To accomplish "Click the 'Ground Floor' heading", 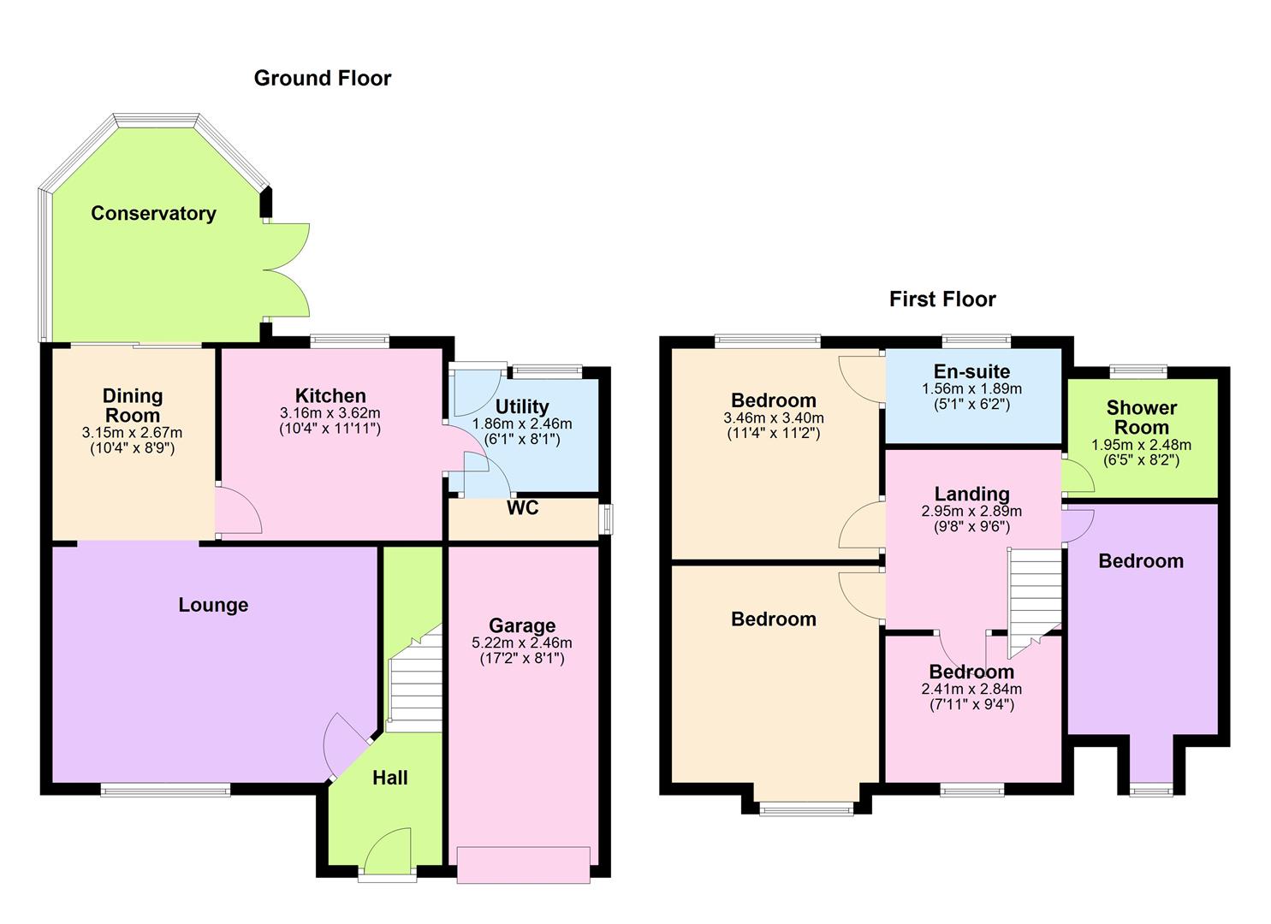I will coord(322,79).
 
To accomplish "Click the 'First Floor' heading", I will coord(942,299).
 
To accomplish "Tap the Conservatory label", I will coord(153,214).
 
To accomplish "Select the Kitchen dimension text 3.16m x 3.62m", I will coord(330,413).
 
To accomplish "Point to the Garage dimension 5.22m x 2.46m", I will coord(521,643).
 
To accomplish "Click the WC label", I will coord(523,508).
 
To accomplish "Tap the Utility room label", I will coord(521,407).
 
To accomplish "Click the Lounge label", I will coord(213,606).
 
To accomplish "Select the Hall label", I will coord(389,779).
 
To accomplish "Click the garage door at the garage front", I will coord(524,864).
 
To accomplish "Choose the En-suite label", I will coord(971,372).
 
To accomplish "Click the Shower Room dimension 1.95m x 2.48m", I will coord(1141,446).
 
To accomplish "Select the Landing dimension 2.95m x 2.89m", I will coord(971,512).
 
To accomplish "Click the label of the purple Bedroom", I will coord(1141,561).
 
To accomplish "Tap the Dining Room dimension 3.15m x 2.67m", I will coord(132,433).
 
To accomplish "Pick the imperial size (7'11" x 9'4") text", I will coord(971,706).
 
